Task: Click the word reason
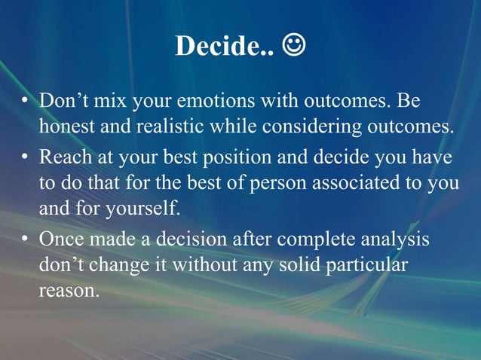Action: [68, 289]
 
